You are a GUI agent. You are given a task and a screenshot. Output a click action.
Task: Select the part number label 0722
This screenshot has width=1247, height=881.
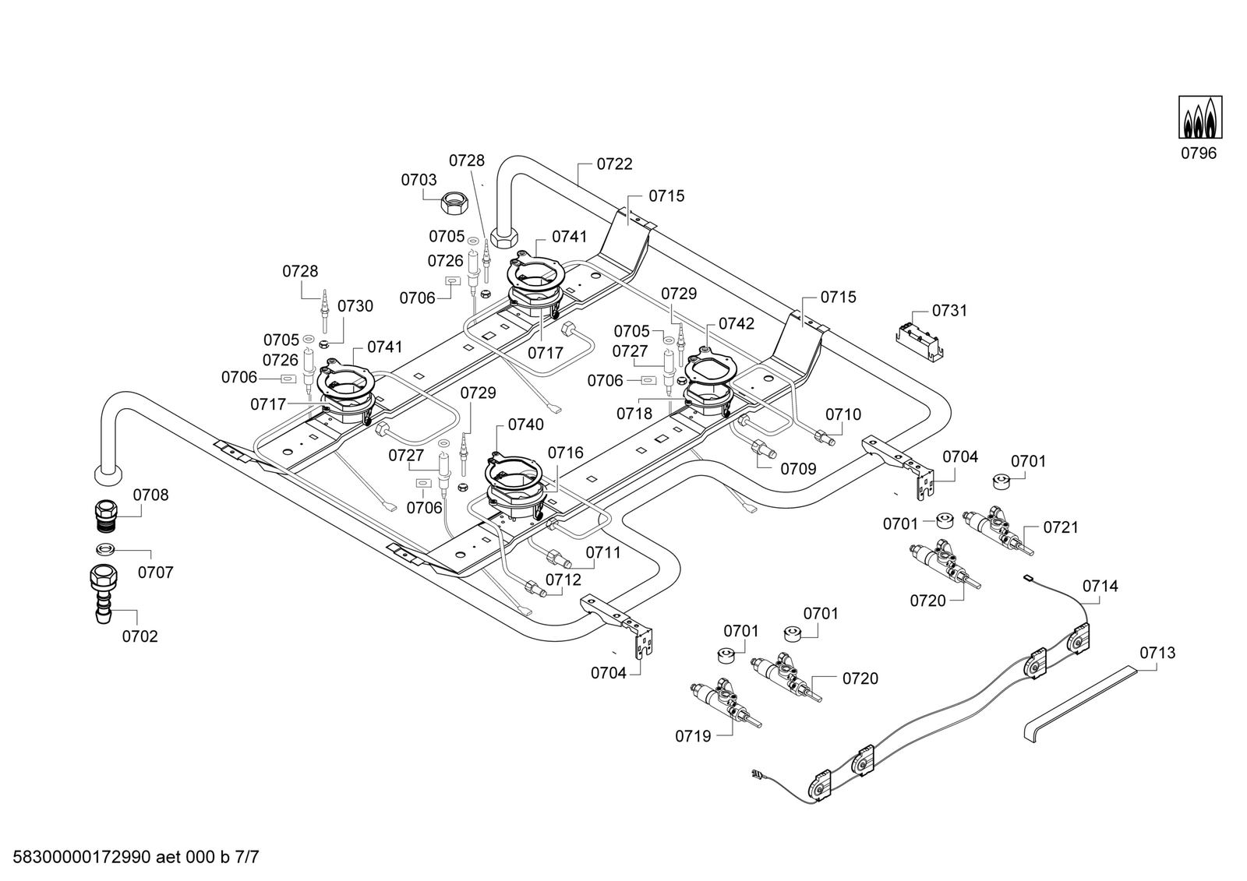615,164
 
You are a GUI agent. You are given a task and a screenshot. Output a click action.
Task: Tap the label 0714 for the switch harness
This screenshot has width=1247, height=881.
1100,586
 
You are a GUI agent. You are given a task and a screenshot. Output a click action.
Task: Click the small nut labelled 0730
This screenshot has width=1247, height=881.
323,340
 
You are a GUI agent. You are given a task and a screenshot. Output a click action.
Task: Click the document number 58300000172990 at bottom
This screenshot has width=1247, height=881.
82,857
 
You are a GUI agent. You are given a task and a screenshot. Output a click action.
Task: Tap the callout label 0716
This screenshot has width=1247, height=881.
566,453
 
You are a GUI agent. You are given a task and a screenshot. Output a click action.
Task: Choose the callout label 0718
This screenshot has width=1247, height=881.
634,414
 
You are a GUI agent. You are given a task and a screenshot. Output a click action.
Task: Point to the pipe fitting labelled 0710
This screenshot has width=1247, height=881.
825,436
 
